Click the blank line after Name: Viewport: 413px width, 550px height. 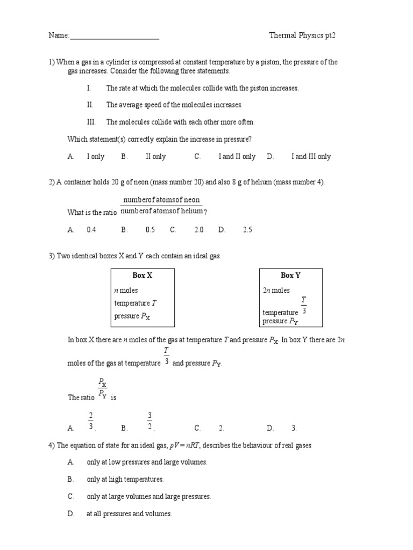pos(115,37)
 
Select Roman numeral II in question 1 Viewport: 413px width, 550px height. pos(90,105)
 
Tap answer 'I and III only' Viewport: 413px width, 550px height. pos(311,156)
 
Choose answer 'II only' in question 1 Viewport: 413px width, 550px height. pos(155,156)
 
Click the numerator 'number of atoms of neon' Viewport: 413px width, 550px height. pos(161,200)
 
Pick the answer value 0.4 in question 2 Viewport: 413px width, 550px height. pos(91,229)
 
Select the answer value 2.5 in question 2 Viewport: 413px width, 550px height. pos(247,229)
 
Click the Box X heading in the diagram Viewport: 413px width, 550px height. pos(143,275)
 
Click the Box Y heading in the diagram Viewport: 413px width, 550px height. pos(291,275)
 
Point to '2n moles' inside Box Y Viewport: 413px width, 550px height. pos(276,290)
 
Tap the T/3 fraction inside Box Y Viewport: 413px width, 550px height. pos(304,305)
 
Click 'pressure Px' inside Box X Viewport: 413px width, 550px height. pos(132,316)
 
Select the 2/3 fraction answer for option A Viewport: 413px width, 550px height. pos(91,421)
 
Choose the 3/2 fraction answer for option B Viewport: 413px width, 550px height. pos(151,421)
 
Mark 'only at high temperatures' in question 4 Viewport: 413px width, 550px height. pos(125,479)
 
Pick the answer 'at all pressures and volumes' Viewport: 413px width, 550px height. pos(129,514)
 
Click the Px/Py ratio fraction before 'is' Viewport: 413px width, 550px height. pos(103,388)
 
